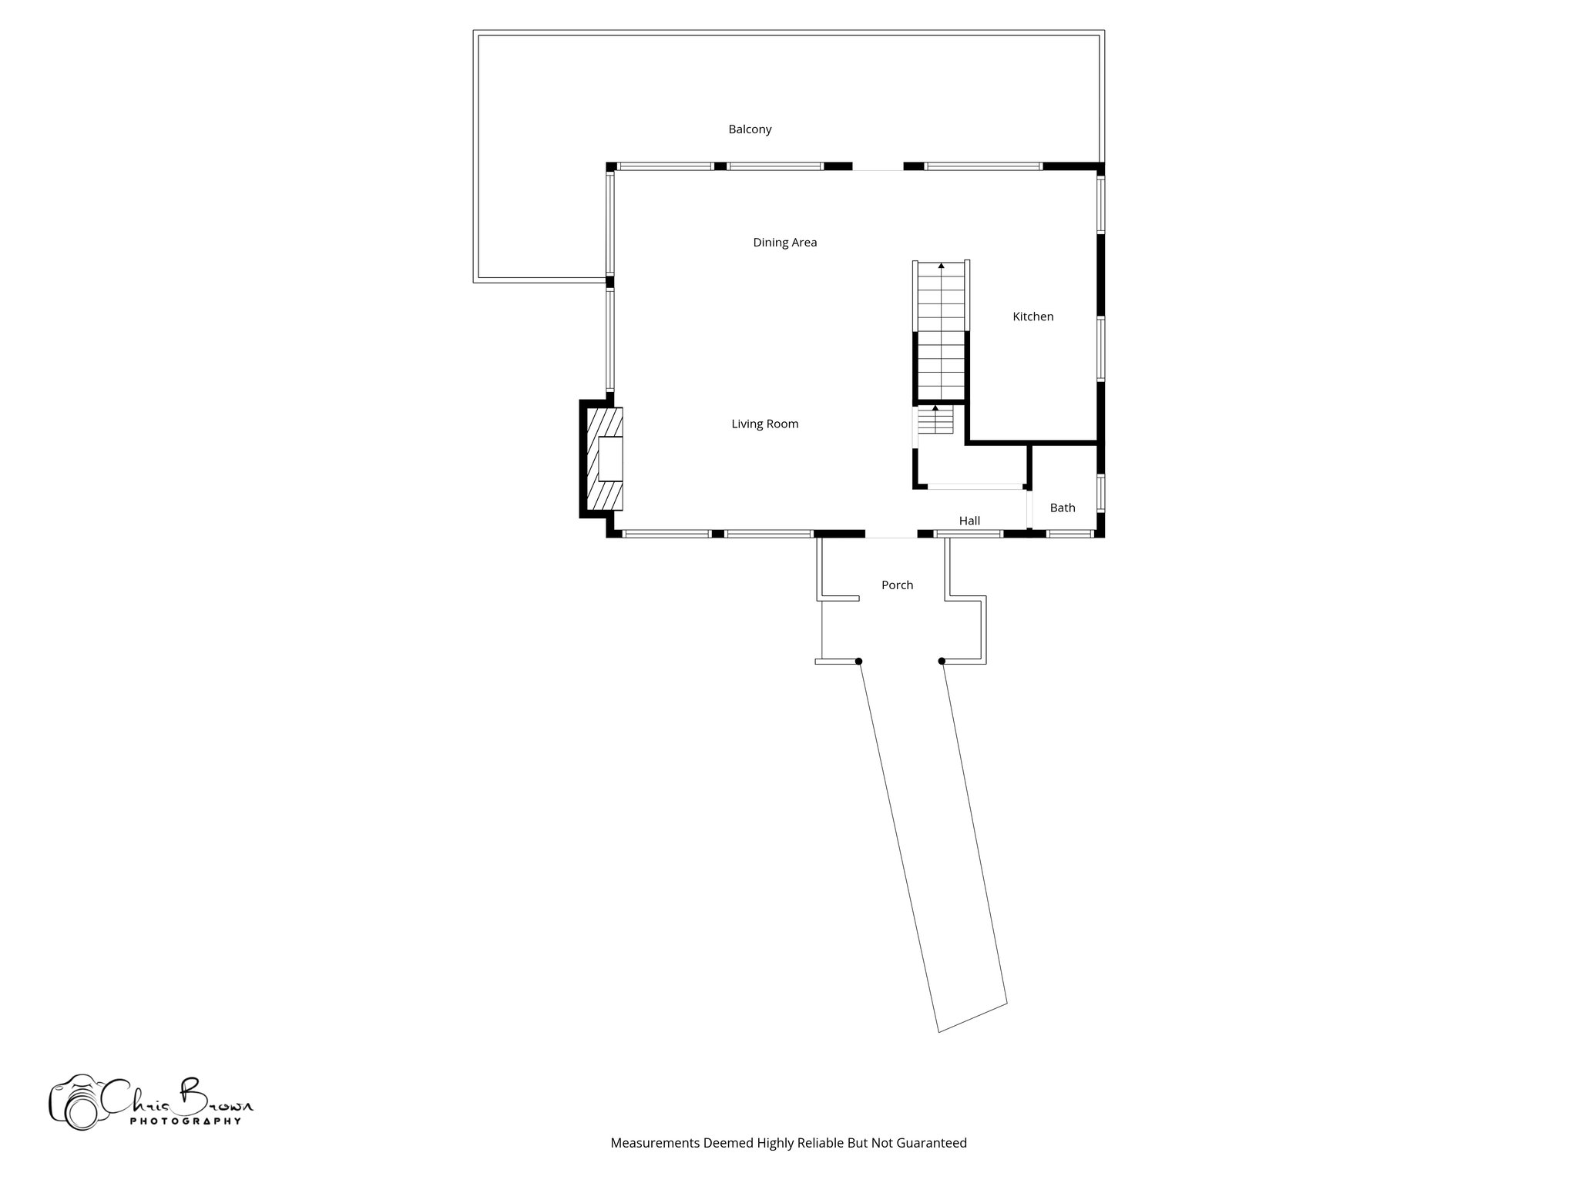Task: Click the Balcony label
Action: pos(750,129)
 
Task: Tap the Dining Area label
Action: pos(784,243)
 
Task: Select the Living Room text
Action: pos(764,424)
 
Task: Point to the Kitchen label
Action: pos(1032,317)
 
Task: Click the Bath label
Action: pos(1062,508)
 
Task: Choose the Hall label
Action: pos(969,521)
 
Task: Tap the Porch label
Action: pos(897,585)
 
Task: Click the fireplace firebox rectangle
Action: pos(610,459)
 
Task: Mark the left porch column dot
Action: pos(858,661)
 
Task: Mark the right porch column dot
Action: pos(942,661)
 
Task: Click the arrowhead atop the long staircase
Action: pos(941,266)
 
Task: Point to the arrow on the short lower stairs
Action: pos(935,408)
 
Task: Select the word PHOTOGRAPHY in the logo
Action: pos(185,1121)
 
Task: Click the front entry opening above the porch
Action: pos(891,534)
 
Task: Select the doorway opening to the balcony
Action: pos(877,166)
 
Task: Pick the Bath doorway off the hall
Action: pos(1029,508)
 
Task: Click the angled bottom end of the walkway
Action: pos(972,1017)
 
